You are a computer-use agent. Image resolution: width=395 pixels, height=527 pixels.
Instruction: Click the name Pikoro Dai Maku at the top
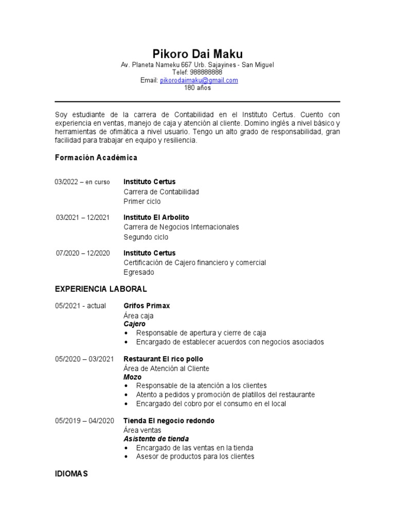coord(197,54)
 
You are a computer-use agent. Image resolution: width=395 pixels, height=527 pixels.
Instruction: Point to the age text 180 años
coord(197,88)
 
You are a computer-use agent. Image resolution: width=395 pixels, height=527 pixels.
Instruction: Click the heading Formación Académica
coord(96,157)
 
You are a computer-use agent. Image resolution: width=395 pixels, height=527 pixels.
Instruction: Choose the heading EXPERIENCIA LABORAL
coord(101,289)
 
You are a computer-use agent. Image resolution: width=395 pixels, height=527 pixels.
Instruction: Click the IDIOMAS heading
coord(71,473)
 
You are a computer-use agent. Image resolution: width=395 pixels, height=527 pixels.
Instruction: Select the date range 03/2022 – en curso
coord(82,182)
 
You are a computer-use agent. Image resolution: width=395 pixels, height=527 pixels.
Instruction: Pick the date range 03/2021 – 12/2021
coord(83,218)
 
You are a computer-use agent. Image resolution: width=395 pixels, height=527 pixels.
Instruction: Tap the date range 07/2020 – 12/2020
coord(83,253)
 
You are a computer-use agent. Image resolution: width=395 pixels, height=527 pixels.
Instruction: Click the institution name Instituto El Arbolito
coord(156,218)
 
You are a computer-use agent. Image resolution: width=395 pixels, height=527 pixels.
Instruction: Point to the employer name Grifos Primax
coord(147,306)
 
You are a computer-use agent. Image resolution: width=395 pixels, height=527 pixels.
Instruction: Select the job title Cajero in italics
coord(135,324)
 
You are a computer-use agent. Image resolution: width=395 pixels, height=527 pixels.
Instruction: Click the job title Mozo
coord(133,377)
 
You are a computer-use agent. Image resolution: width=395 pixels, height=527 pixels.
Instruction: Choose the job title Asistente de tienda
coord(156,439)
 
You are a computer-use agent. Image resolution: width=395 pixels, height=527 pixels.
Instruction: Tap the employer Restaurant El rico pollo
coord(163,359)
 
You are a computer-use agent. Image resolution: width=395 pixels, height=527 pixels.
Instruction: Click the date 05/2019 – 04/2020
coord(84,421)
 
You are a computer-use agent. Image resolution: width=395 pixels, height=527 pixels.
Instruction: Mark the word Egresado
coord(139,272)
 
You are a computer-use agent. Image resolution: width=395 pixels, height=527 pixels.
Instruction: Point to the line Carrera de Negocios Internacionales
coord(182,227)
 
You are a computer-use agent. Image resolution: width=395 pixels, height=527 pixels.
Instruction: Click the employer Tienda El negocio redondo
coord(169,421)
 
